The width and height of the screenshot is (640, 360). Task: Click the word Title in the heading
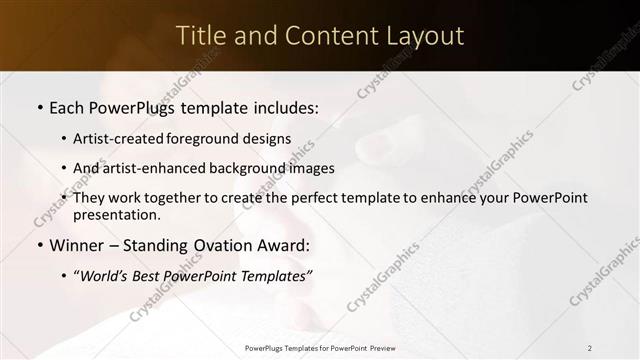pyautogui.click(x=202, y=35)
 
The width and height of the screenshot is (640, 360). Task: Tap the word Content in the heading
pyautogui.click(x=329, y=35)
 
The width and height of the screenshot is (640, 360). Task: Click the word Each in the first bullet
pyautogui.click(x=69, y=105)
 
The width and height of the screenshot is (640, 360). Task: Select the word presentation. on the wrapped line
pyautogui.click(x=116, y=214)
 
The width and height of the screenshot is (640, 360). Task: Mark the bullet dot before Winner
pyautogui.click(x=39, y=245)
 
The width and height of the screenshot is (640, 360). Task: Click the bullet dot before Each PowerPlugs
pyautogui.click(x=39, y=106)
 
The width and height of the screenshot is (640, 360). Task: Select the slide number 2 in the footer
pyautogui.click(x=590, y=348)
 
